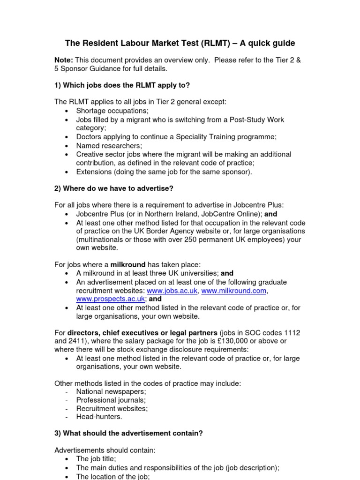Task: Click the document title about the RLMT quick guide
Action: (x=180, y=43)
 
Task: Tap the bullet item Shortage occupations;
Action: (x=112, y=111)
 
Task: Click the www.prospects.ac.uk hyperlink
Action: (x=111, y=299)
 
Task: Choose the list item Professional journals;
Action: (x=111, y=400)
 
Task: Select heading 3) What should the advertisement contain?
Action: (x=129, y=434)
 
